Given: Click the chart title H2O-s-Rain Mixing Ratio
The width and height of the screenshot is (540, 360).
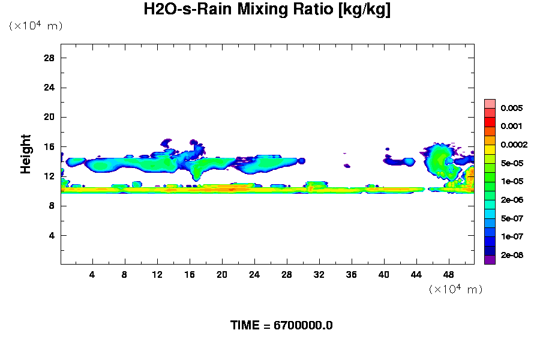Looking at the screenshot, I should tap(267, 10).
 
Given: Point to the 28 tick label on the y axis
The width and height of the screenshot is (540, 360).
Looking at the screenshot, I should tap(50, 58).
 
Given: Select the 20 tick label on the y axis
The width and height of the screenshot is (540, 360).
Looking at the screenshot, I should tap(50, 117).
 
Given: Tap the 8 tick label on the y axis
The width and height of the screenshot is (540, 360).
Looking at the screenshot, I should tap(52, 206).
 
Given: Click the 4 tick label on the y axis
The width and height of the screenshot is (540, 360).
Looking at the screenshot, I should tap(52, 235).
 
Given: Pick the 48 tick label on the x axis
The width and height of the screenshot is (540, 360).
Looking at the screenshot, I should tap(449, 275).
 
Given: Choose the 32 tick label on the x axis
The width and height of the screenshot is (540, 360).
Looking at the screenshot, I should tap(319, 275).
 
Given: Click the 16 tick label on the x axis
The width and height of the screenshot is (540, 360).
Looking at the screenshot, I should tap(190, 275).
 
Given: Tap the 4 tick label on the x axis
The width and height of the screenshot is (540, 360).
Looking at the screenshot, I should tap(92, 275).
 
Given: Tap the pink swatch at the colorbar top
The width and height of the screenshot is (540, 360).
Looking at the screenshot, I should tap(490, 103).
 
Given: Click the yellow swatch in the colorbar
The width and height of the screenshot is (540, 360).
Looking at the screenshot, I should tap(490, 149).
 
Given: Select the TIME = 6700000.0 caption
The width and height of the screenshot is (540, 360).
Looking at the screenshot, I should tap(281, 326).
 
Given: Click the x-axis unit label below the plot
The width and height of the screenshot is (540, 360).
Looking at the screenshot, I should tap(455, 290).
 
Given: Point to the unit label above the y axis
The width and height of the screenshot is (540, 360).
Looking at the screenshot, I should tap(35, 26).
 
